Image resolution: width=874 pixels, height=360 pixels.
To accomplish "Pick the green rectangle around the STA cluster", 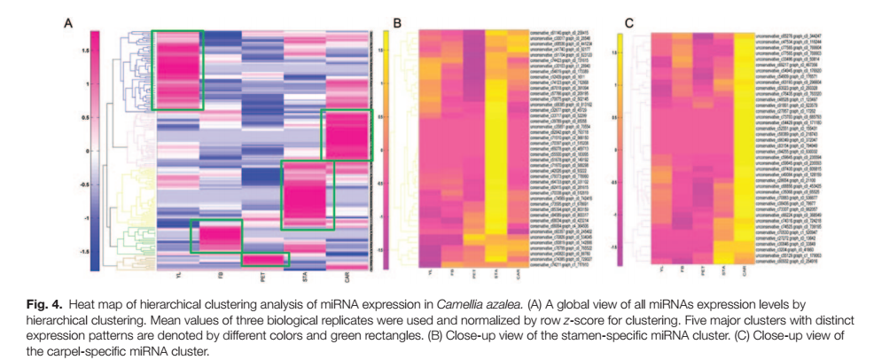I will (x=308, y=194).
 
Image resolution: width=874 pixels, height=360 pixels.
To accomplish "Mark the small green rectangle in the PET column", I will (x=265, y=259).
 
